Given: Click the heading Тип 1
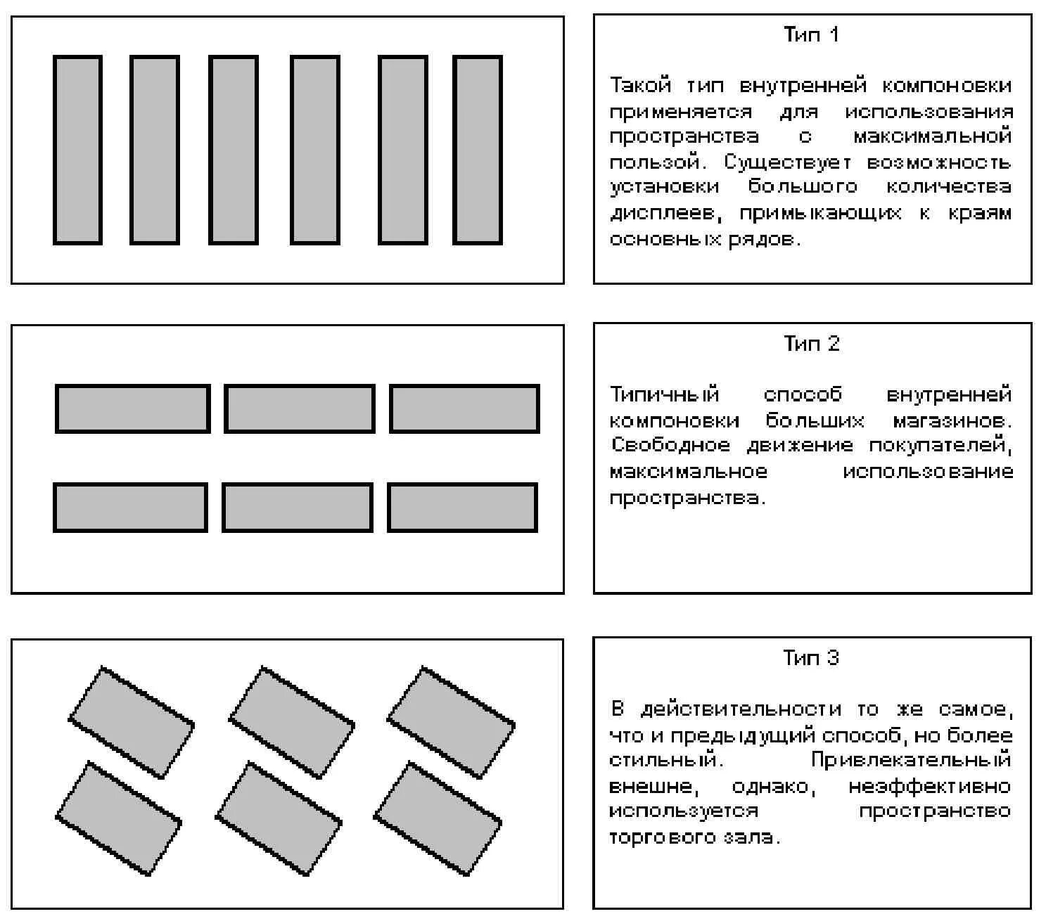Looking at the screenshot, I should (x=811, y=35).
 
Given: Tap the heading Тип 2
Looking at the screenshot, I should (x=811, y=344).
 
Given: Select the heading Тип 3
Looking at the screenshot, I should (x=811, y=658).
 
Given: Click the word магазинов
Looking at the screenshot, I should (x=952, y=421).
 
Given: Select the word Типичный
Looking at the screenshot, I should (x=665, y=394).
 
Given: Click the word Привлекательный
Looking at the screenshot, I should (x=911, y=760).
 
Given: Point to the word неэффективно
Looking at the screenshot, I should (x=929, y=786).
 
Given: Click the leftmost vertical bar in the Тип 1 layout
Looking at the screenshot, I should (x=77, y=150).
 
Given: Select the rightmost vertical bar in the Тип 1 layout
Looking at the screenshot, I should (x=477, y=150).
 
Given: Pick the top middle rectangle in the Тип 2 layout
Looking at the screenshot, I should (x=299, y=408).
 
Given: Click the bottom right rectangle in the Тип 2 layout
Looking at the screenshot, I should (x=462, y=507).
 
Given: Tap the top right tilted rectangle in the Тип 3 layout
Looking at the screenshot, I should (x=451, y=723).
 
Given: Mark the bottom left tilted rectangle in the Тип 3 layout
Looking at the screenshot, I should (x=118, y=818).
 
